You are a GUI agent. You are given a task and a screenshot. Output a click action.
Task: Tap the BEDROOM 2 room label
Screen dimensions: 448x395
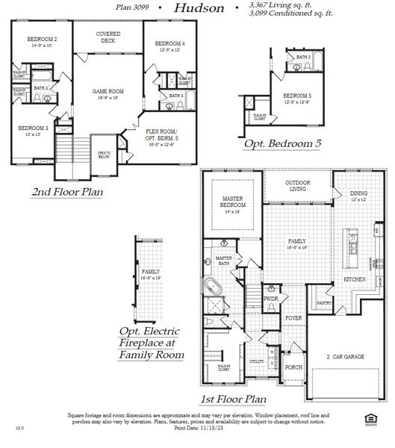pyautogui.click(x=43, y=40)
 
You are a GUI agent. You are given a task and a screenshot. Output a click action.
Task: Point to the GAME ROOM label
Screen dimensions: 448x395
pyautogui.click(x=108, y=93)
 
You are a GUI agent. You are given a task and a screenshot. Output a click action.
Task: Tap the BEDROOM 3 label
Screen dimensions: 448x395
pyautogui.click(x=33, y=129)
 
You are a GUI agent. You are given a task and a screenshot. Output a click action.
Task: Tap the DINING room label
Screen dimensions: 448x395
pyautogui.click(x=358, y=196)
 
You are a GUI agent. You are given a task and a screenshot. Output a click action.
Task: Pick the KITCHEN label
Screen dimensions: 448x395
pyautogui.click(x=354, y=279)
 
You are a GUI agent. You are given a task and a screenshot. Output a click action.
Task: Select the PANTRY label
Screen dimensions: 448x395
pyautogui.click(x=324, y=303)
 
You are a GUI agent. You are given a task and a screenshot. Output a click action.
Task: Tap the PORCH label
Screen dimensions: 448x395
pyautogui.click(x=293, y=367)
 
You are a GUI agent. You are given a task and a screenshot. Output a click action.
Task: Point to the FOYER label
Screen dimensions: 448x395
pyautogui.click(x=293, y=317)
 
